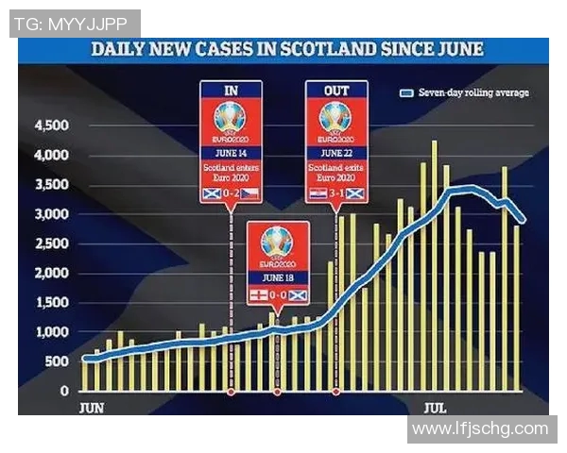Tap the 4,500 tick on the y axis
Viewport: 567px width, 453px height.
coord(51,126)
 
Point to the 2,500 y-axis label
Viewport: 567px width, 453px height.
coord(51,244)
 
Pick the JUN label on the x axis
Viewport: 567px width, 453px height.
coord(91,408)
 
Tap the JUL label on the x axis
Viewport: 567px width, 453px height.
coord(435,408)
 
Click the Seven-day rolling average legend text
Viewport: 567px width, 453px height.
coord(472,92)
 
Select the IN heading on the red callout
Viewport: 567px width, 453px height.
coord(231,91)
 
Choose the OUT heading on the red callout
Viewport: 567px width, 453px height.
coord(336,91)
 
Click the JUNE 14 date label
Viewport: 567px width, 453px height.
coord(231,151)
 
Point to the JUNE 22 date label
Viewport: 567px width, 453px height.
coord(336,151)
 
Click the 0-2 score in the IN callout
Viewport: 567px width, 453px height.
coord(231,193)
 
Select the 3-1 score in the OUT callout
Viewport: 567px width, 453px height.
coord(336,193)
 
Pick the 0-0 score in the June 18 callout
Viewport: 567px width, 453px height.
coord(278,296)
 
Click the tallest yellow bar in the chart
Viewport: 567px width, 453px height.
coord(434,264)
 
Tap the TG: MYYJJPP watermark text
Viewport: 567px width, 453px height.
coord(73,24)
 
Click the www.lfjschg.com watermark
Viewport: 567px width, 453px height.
coord(480,429)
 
